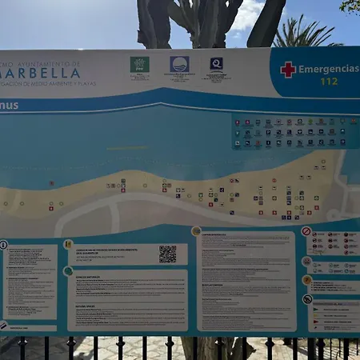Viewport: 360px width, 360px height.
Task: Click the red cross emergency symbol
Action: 288,70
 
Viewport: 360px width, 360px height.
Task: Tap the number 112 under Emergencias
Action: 329,82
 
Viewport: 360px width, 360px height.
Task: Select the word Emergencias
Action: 328,69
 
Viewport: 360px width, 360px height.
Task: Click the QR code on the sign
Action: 167,254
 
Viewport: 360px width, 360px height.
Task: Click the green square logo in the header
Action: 139,64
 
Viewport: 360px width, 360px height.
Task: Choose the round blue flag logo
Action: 179,64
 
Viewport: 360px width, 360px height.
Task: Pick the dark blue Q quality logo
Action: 216,63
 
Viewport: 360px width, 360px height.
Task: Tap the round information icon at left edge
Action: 3,245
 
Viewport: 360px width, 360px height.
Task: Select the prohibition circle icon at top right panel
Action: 306,231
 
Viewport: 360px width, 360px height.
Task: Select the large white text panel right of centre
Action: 246,280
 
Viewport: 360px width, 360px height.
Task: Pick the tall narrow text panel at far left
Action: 30,281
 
